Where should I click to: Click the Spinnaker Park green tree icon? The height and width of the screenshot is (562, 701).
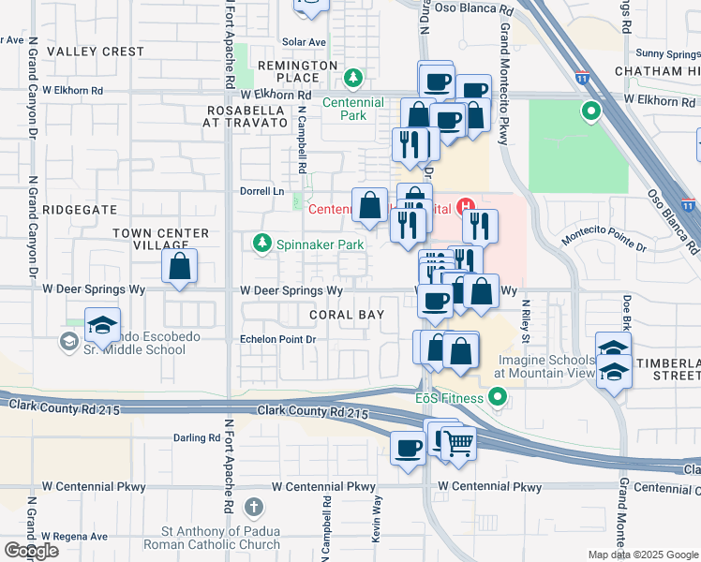click(261, 244)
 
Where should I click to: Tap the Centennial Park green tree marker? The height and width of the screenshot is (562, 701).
click(353, 77)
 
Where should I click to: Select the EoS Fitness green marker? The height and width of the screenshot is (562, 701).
click(497, 398)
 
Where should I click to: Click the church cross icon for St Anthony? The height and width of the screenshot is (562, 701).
click(251, 508)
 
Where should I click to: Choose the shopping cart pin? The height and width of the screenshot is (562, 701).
click(457, 442)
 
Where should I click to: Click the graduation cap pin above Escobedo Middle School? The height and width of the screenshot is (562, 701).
click(102, 324)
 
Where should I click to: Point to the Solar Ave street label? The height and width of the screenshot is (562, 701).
click(304, 42)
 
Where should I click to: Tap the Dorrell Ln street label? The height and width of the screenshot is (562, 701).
click(264, 191)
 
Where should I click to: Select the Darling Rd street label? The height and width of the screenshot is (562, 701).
click(196, 437)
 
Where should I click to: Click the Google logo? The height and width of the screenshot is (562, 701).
click(30, 551)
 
